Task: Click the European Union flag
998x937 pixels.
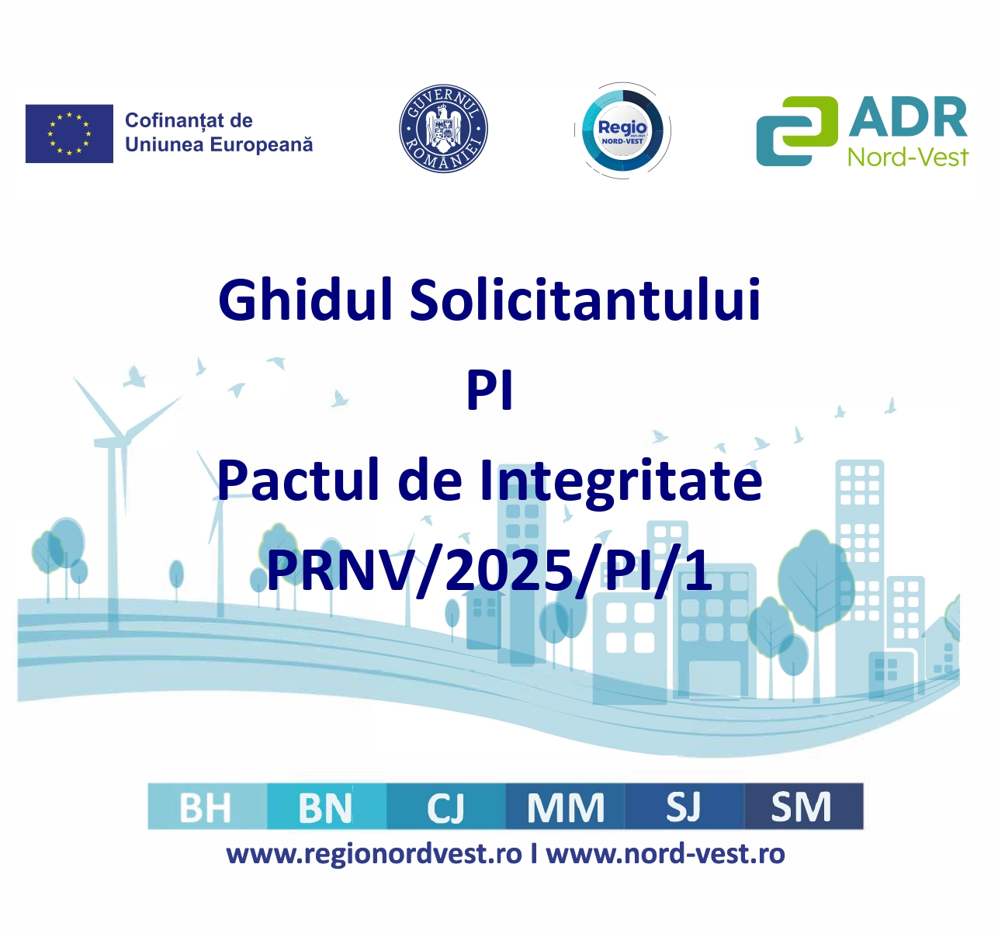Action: pyautogui.click(x=69, y=134)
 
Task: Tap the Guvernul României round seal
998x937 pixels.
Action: pyautogui.click(x=443, y=129)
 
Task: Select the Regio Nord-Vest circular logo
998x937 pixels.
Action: pyautogui.click(x=622, y=130)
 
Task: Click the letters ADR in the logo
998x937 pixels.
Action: pyautogui.click(x=907, y=117)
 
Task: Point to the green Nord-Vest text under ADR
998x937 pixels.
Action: pyautogui.click(x=907, y=157)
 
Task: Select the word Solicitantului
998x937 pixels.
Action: pyautogui.click(x=585, y=300)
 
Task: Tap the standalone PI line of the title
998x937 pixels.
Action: pyautogui.click(x=490, y=390)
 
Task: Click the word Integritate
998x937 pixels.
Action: pyautogui.click(x=621, y=481)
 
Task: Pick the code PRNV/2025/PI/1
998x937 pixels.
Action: pyautogui.click(x=490, y=571)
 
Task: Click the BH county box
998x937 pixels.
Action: pyautogui.click(x=207, y=807)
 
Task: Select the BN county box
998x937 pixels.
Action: pyautogui.click(x=327, y=807)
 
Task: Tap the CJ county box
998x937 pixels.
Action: pyautogui.click(x=445, y=807)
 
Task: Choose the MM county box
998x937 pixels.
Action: pyautogui.click(x=565, y=807)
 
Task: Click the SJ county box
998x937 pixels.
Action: pyautogui.click(x=684, y=807)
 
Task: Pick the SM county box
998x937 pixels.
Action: pyautogui.click(x=803, y=807)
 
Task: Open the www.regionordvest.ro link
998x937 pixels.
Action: pyautogui.click(x=374, y=855)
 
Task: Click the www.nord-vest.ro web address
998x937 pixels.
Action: pyautogui.click(x=666, y=854)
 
